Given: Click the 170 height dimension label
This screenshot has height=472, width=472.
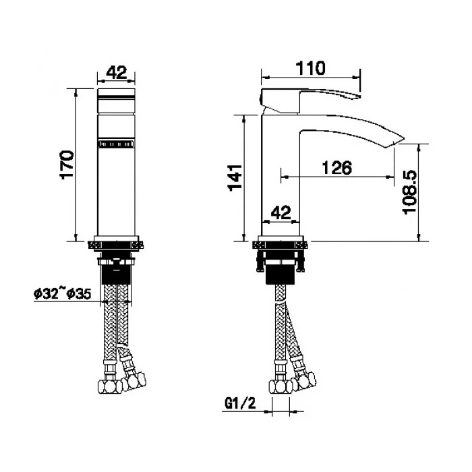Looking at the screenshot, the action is pyautogui.click(x=67, y=165).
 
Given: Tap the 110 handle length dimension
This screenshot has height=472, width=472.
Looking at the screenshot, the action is pyautogui.click(x=311, y=68).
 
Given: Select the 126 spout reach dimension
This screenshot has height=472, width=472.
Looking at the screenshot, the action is pyautogui.click(x=337, y=168).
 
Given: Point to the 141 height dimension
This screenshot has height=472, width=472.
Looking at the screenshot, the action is pyautogui.click(x=235, y=177).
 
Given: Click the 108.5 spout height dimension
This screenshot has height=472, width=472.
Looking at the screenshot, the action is pyautogui.click(x=410, y=192).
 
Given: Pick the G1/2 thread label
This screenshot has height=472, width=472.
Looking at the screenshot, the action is pyautogui.click(x=240, y=403).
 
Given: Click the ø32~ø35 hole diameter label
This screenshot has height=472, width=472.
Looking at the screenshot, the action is pyautogui.click(x=62, y=294).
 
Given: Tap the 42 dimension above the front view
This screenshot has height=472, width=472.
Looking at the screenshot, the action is pyautogui.click(x=117, y=73).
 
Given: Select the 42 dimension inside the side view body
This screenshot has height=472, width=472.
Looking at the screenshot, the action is pyautogui.click(x=281, y=212).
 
